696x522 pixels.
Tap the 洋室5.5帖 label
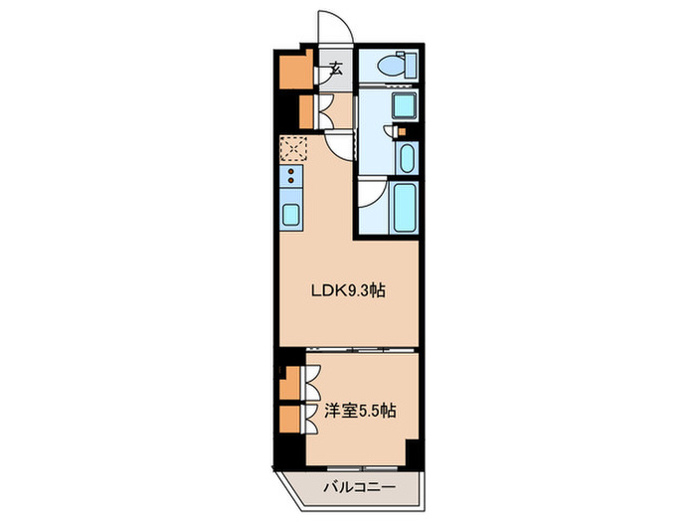pos(360,410)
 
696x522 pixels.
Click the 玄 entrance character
pos(336,70)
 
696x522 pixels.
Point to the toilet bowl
pos(392,68)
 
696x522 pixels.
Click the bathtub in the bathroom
pos(403,207)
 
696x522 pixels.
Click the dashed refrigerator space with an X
pos(294,148)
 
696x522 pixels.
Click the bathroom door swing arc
pos(370,192)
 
